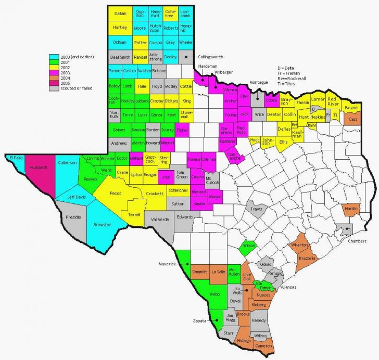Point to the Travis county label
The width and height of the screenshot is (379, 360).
[x=256, y=209]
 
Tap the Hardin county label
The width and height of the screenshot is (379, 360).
[x=351, y=210]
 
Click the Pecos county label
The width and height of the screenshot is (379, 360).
[x=116, y=193]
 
